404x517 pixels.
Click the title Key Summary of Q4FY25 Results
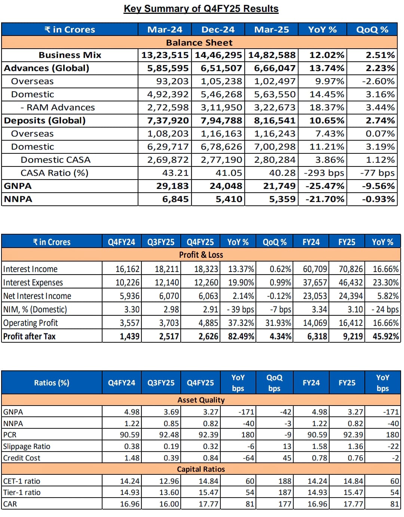click(x=201, y=9)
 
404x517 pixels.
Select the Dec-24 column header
click(x=218, y=30)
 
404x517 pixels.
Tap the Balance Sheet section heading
click(x=199, y=43)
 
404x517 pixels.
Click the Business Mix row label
click(x=70, y=55)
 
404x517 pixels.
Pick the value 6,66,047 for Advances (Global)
click(x=275, y=68)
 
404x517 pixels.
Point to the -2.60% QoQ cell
click(x=378, y=82)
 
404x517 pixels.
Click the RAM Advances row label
click(x=58, y=107)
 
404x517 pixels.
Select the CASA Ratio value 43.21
click(x=175, y=173)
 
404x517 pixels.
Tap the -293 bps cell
click(x=324, y=173)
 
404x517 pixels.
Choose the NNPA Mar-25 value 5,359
click(x=282, y=199)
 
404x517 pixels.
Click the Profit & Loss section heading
click(x=201, y=255)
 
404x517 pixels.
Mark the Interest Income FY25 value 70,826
click(x=351, y=269)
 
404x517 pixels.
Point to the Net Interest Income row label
click(x=37, y=296)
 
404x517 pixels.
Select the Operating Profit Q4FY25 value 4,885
click(x=208, y=323)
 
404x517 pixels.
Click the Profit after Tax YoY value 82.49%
click(x=241, y=336)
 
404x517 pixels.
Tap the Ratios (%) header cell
click(x=52, y=383)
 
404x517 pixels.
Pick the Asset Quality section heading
click(x=201, y=400)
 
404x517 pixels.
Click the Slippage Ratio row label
click(x=27, y=447)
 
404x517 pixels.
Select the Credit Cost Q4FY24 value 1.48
click(x=132, y=458)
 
